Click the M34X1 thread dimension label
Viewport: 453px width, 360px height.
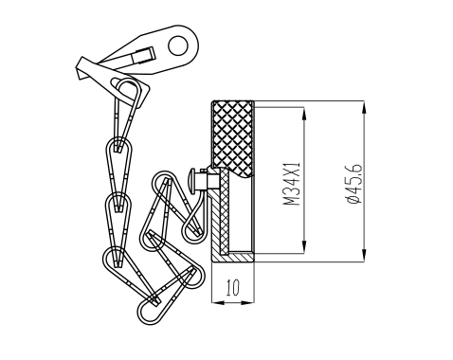click(291, 184)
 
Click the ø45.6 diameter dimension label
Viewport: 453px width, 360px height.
click(353, 183)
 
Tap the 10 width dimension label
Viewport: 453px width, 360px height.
click(233, 288)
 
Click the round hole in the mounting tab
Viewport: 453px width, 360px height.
click(178, 45)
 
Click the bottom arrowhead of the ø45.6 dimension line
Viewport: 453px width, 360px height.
click(364, 255)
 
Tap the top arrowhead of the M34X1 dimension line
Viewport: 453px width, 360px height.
click(304, 114)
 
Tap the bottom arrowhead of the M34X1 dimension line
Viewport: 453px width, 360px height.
click(304, 246)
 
